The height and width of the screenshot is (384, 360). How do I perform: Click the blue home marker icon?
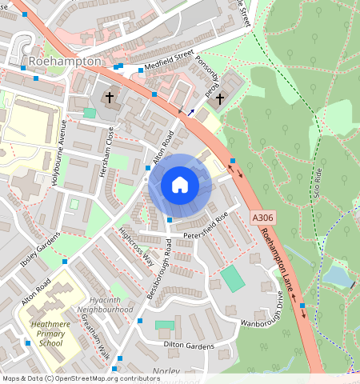click(x=180, y=185)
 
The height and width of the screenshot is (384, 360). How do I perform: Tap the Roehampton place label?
click(x=65, y=62)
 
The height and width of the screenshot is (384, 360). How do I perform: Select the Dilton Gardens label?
click(x=190, y=346)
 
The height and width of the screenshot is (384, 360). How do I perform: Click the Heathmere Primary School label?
click(x=50, y=332)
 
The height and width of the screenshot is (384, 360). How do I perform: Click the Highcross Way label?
click(x=136, y=246)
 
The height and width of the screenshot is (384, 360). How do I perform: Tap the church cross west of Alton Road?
click(x=110, y=98)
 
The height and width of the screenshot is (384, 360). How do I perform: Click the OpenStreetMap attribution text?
click(x=81, y=378)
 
